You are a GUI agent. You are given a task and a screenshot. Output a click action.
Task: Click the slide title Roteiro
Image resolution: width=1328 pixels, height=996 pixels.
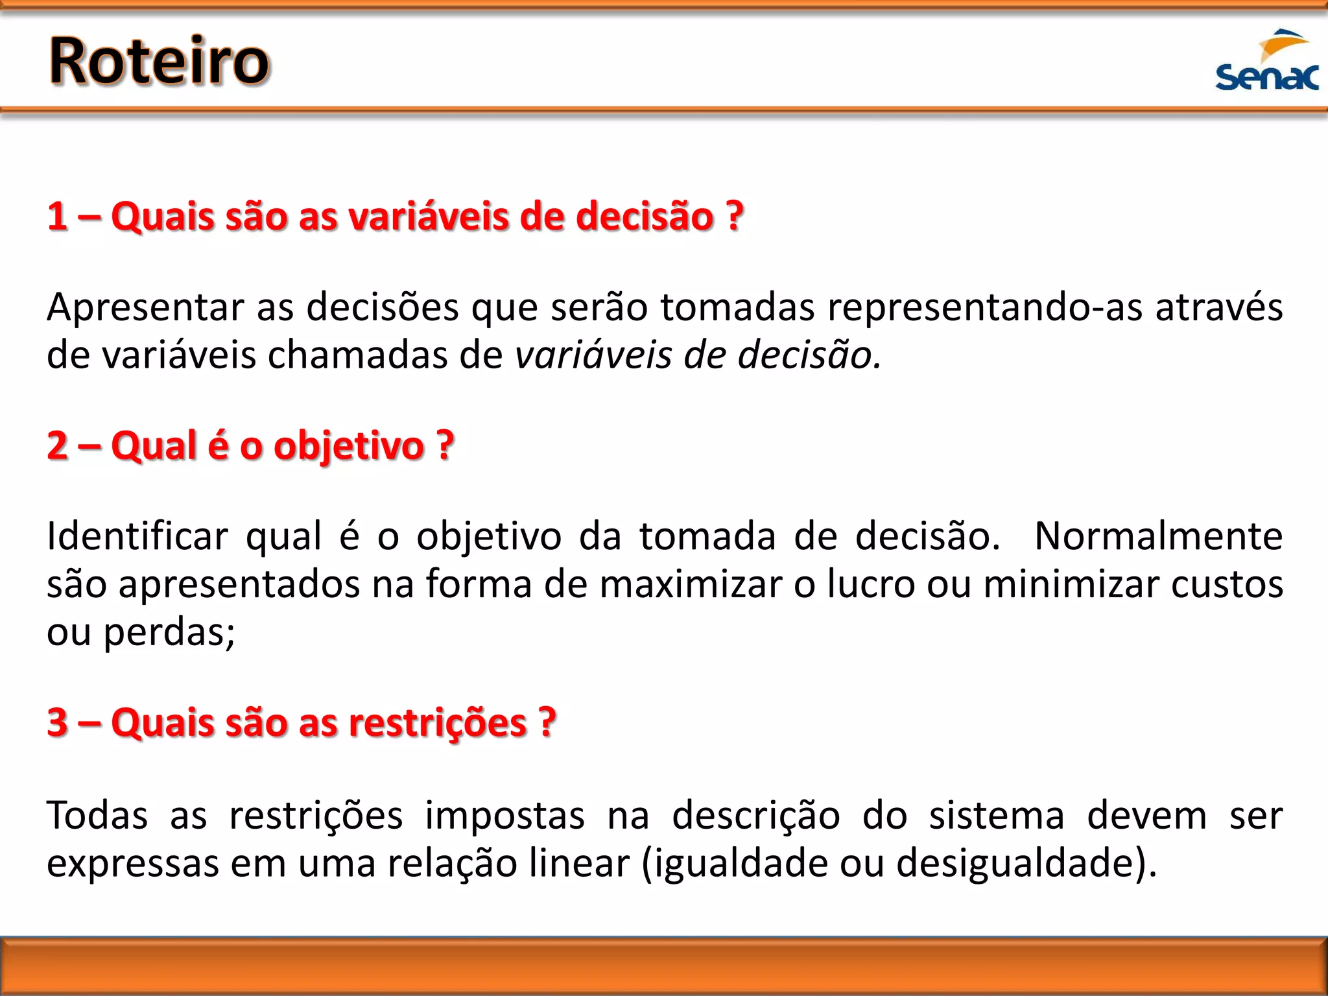point(159,62)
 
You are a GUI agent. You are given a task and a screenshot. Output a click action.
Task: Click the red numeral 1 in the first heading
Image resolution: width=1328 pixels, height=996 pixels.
point(57,216)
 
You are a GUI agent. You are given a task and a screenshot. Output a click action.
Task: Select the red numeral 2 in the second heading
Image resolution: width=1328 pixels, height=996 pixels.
point(57,446)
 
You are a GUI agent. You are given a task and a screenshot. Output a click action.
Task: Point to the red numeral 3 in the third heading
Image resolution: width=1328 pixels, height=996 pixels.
point(57,722)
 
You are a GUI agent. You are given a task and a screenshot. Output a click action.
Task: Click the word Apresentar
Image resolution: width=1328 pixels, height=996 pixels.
point(144,307)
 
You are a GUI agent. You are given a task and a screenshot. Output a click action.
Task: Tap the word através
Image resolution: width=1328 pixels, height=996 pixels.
point(1219,307)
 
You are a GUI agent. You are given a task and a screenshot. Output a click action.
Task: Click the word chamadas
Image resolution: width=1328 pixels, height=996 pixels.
point(357,355)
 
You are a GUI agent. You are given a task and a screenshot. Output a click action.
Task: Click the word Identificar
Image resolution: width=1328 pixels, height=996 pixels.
point(137,537)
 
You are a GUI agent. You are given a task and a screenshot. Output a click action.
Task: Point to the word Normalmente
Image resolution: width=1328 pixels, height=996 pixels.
point(1158,537)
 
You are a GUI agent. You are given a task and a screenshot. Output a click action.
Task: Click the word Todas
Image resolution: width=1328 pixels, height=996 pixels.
point(97,816)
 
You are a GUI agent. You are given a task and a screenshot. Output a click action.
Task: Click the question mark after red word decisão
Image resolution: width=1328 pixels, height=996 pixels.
point(734,216)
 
